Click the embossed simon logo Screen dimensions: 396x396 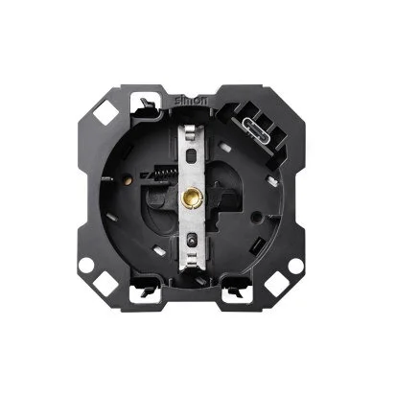[191, 100]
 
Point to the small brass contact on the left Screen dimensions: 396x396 [128, 181]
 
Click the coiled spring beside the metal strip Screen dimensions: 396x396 [166, 173]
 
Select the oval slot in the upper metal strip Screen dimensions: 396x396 [191, 155]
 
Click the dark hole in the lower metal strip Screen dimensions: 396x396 [191, 239]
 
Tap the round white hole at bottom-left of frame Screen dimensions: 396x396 [85, 265]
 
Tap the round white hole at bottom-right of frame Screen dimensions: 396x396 [295, 265]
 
